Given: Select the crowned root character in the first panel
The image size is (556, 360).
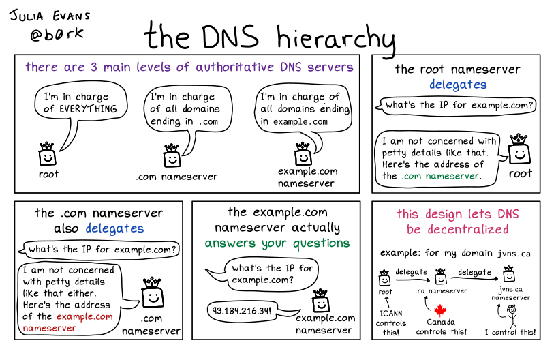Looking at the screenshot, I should pos(46,155).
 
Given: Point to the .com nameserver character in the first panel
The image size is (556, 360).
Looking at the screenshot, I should pos(172,155).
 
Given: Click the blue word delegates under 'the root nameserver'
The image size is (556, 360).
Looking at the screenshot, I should pos(458,85).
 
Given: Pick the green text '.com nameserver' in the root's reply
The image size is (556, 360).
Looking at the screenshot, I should pos(441,175).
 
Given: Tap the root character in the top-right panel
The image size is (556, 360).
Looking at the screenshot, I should pos(520,151).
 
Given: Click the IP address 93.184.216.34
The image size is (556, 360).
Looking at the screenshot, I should pos(243,311).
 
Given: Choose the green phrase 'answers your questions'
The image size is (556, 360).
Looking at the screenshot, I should pos(277,243).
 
